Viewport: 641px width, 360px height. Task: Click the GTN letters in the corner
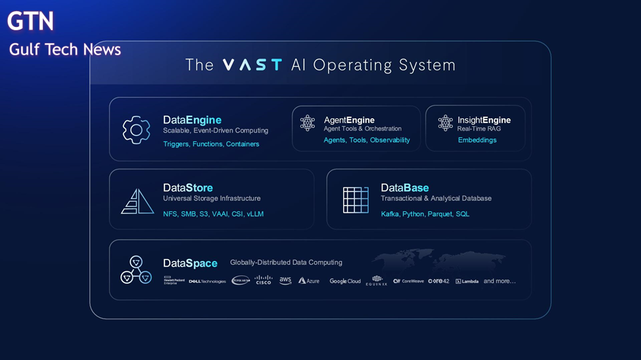(30, 22)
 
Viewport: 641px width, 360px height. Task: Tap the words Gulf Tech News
(64, 49)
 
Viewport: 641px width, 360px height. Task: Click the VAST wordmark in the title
(252, 65)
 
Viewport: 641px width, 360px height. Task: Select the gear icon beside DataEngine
(136, 130)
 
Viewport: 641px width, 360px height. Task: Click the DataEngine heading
(192, 120)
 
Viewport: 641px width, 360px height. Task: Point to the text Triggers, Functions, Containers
(211, 144)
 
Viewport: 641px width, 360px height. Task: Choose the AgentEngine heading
(349, 120)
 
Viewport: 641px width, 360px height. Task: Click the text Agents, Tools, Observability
(366, 140)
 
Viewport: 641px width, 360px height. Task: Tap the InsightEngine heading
(484, 120)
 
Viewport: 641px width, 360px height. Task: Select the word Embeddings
(477, 140)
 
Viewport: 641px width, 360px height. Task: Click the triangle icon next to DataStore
(137, 201)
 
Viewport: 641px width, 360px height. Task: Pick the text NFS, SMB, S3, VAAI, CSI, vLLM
(213, 214)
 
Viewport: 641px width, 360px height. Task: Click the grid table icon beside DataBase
(356, 200)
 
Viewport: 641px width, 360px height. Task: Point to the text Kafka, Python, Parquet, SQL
(425, 214)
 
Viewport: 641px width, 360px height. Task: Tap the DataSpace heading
(190, 263)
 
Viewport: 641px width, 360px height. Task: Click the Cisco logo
(263, 280)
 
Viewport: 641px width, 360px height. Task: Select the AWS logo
(285, 281)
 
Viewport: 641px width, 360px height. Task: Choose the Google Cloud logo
(345, 281)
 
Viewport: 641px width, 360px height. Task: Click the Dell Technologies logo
(207, 281)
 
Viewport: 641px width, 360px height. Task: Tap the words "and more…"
(500, 281)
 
